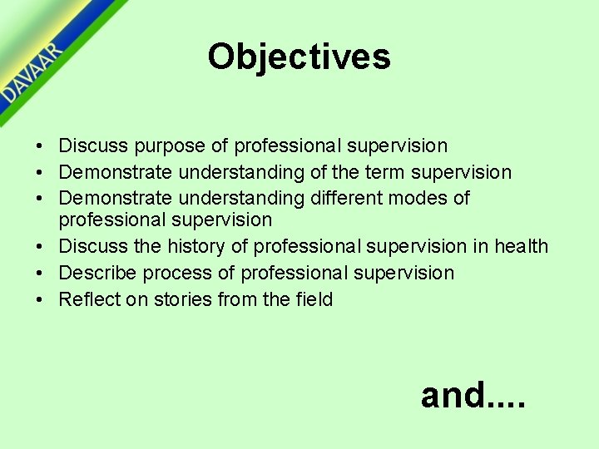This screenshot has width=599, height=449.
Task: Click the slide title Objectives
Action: click(x=299, y=57)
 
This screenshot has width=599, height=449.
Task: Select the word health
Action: click(x=521, y=246)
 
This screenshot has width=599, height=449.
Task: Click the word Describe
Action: click(x=96, y=273)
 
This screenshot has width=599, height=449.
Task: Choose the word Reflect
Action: click(x=87, y=299)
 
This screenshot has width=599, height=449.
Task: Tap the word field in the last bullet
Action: click(x=314, y=299)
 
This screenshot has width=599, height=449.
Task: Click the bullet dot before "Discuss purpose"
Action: click(x=40, y=147)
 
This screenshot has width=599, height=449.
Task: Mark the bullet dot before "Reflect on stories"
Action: click(x=40, y=300)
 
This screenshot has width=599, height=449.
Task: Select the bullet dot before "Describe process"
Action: click(x=40, y=274)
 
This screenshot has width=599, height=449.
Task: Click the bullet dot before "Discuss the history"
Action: click(x=40, y=247)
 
